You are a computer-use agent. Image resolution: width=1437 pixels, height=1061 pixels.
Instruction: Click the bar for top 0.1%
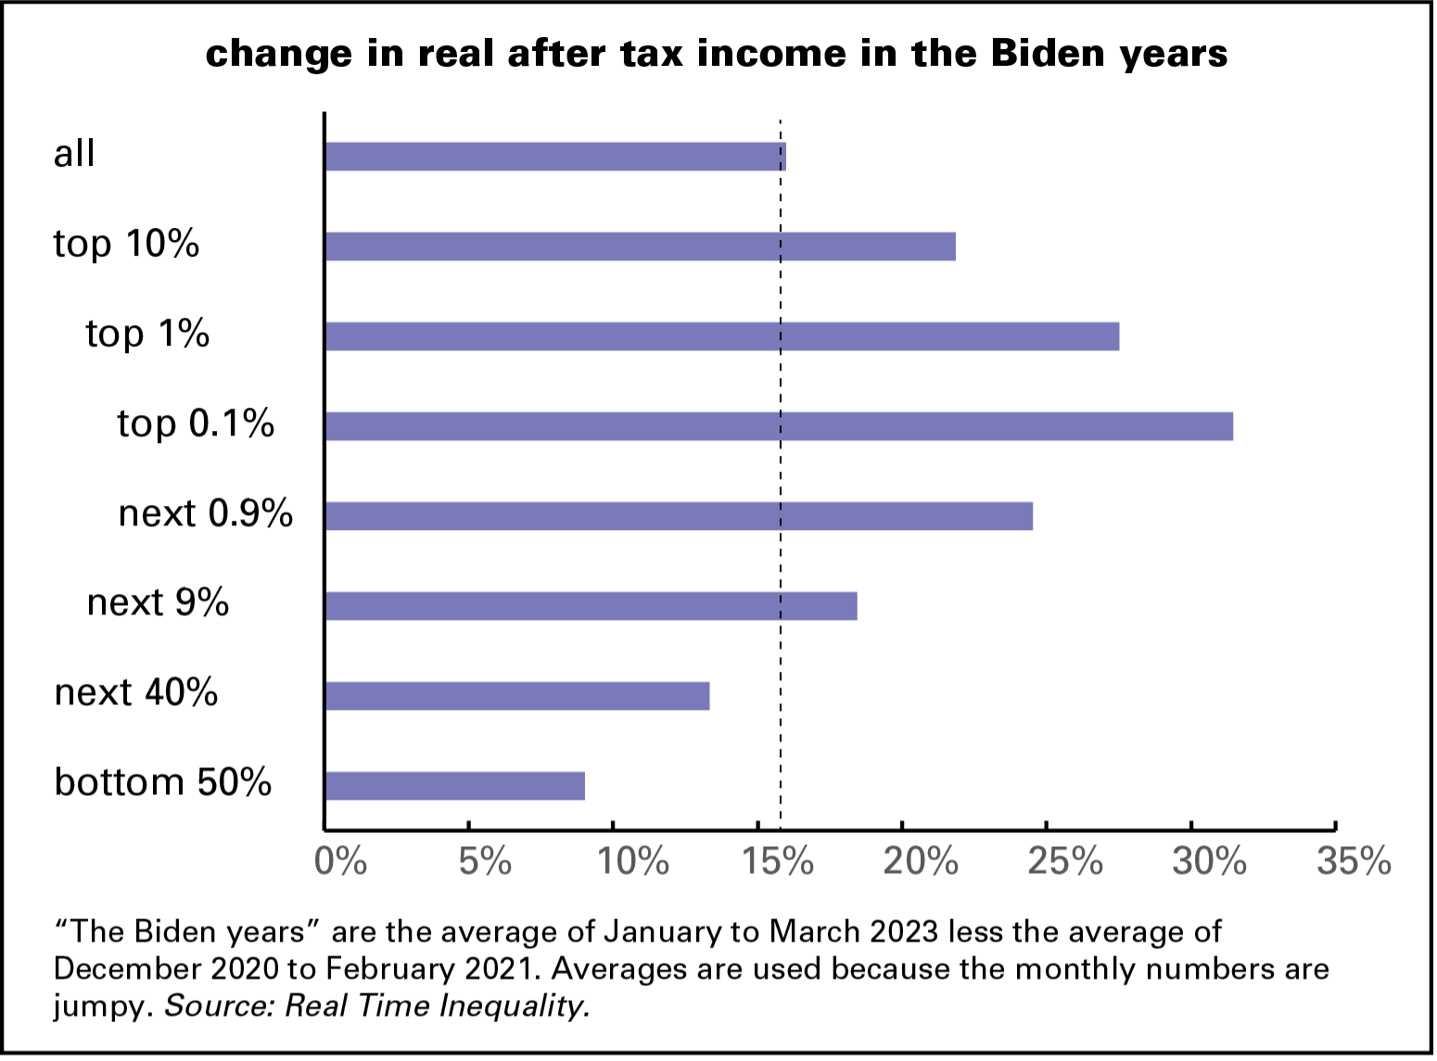point(779,426)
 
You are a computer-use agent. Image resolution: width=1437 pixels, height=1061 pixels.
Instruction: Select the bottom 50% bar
point(455,786)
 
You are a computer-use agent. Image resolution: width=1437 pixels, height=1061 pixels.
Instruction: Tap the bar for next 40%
point(517,696)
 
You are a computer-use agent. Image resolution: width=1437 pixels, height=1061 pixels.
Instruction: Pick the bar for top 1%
point(722,336)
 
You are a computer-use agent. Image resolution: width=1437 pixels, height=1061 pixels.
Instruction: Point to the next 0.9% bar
point(679,516)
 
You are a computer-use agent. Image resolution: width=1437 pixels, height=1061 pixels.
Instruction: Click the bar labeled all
point(555,157)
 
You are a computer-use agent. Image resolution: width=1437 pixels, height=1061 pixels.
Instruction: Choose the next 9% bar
point(591,606)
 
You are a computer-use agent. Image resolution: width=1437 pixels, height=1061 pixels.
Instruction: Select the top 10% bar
point(641,246)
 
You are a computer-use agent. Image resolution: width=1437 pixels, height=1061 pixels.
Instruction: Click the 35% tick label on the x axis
point(1354,862)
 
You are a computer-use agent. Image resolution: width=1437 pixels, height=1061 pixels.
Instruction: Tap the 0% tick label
point(340,862)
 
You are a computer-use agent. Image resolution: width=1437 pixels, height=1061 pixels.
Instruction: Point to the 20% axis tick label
point(920,862)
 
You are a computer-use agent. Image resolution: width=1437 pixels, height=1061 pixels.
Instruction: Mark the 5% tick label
point(485,862)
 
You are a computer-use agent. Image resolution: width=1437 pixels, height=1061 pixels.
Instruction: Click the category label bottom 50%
point(163,782)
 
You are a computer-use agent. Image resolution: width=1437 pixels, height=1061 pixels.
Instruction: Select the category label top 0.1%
point(196,423)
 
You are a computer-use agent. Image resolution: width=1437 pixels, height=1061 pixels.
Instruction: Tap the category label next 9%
point(158,603)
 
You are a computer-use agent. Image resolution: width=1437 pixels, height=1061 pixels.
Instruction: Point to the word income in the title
point(771,54)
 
